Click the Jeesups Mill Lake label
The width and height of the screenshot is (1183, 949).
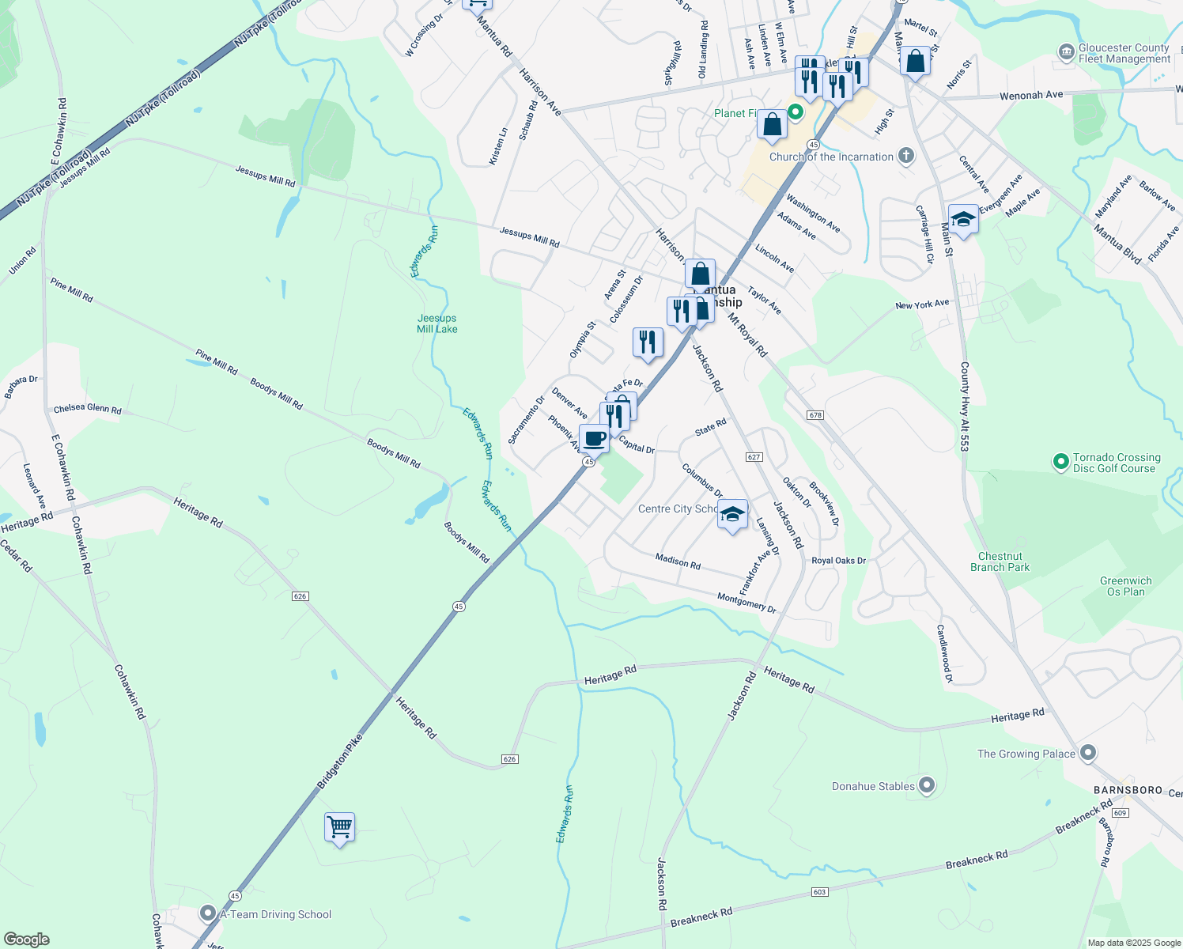[x=437, y=323]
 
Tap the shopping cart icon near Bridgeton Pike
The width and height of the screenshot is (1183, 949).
[x=339, y=828]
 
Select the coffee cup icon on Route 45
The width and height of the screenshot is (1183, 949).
[x=595, y=438]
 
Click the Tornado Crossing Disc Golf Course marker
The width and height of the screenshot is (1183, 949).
[x=1060, y=462]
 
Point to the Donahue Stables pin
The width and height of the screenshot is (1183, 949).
[x=927, y=786]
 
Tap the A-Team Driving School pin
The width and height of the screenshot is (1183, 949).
[x=207, y=914]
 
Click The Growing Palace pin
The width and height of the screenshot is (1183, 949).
[x=1088, y=754]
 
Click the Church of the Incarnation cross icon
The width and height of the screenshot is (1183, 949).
[x=906, y=156]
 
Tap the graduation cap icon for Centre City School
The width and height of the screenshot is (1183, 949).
[x=732, y=514]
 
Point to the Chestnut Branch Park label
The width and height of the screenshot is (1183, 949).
[x=1000, y=561]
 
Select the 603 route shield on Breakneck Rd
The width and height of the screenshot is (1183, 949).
[x=819, y=892]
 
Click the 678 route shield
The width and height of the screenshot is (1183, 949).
[x=816, y=415]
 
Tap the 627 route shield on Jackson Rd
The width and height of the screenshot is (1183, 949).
[x=754, y=457]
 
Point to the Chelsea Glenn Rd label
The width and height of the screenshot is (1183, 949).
[x=88, y=410]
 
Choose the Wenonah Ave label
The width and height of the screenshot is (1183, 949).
[x=1031, y=96]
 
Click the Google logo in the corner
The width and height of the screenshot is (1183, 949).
[x=27, y=939]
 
